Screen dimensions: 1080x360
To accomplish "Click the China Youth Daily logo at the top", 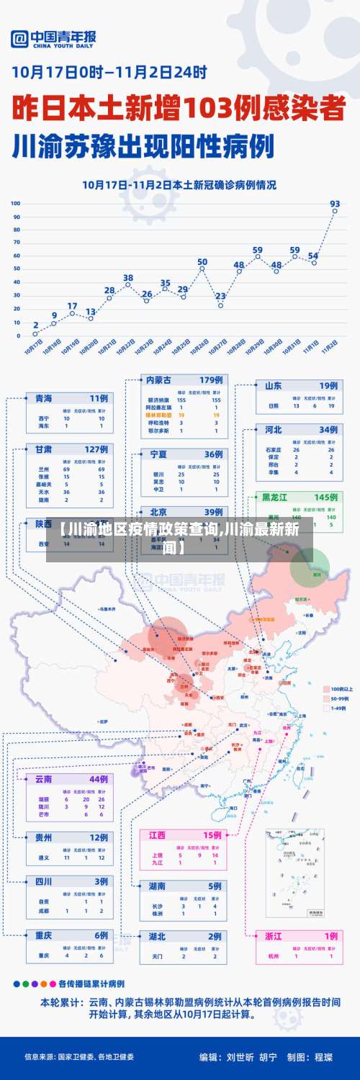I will coord(54,39).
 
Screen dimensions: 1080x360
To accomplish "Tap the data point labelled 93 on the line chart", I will coord(335,212).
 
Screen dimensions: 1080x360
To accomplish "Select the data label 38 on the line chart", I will coord(128,277).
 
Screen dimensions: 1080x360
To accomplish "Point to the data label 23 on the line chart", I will coord(220,296).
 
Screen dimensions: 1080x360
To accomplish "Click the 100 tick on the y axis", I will coord(15,204).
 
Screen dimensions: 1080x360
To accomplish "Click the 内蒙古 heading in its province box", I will coord(158,380).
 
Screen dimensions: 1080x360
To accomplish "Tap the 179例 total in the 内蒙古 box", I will coord(212,380).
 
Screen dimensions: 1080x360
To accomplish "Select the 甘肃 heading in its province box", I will coord(44,449).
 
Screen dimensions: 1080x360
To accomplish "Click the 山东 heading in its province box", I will coord(273,386).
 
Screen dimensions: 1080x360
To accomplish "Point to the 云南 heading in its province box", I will coord(44,779).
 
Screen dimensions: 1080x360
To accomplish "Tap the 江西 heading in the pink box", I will coord(157,835).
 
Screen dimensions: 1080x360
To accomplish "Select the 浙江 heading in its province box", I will coord(274,936).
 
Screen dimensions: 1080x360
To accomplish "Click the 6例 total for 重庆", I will coord(99,935).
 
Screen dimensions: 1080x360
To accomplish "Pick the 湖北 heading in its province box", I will coord(157,937).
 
